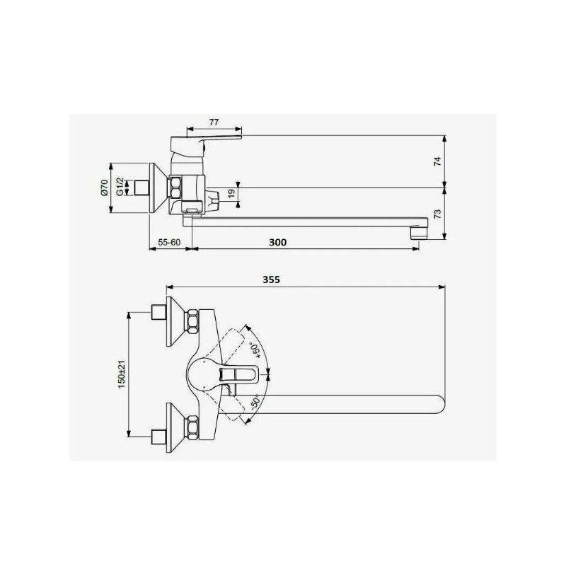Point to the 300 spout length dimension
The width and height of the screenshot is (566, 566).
pyautogui.click(x=278, y=242)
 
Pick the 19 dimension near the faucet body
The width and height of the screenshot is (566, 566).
pyautogui.click(x=231, y=193)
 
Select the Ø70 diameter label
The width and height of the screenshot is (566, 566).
pyautogui.click(x=103, y=187)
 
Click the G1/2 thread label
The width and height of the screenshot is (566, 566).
pyautogui.click(x=119, y=187)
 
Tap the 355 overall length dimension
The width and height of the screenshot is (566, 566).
pyautogui.click(x=272, y=279)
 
